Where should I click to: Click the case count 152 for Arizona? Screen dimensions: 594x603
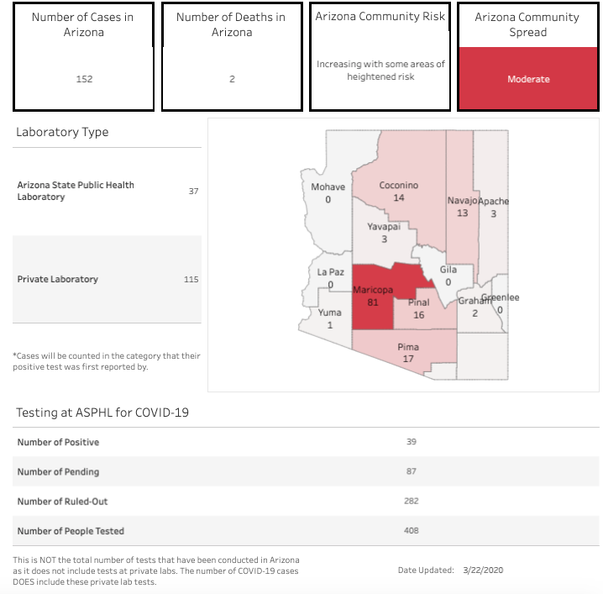[83, 79]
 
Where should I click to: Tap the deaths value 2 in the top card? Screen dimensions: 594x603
[232, 79]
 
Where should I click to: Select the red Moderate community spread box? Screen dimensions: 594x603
[528, 79]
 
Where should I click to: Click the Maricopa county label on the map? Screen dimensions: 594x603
[372, 290]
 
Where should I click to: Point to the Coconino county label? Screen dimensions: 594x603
[398, 186]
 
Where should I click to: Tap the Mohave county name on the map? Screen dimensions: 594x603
[328, 187]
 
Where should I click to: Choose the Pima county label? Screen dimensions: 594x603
[408, 347]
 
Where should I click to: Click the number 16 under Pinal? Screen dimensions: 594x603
[418, 315]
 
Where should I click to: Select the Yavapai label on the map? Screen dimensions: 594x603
[384, 227]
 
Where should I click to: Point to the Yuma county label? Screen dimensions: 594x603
[329, 313]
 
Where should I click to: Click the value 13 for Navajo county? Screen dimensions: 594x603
[462, 213]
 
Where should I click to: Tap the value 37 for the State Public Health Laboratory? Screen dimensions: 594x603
[193, 192]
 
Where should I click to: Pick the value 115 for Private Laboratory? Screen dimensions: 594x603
[191, 279]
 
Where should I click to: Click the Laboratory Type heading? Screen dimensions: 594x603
[62, 132]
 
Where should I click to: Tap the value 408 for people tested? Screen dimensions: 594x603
[411, 531]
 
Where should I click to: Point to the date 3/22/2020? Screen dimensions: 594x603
[483, 570]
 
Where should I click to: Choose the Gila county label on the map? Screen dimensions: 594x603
[448, 270]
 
